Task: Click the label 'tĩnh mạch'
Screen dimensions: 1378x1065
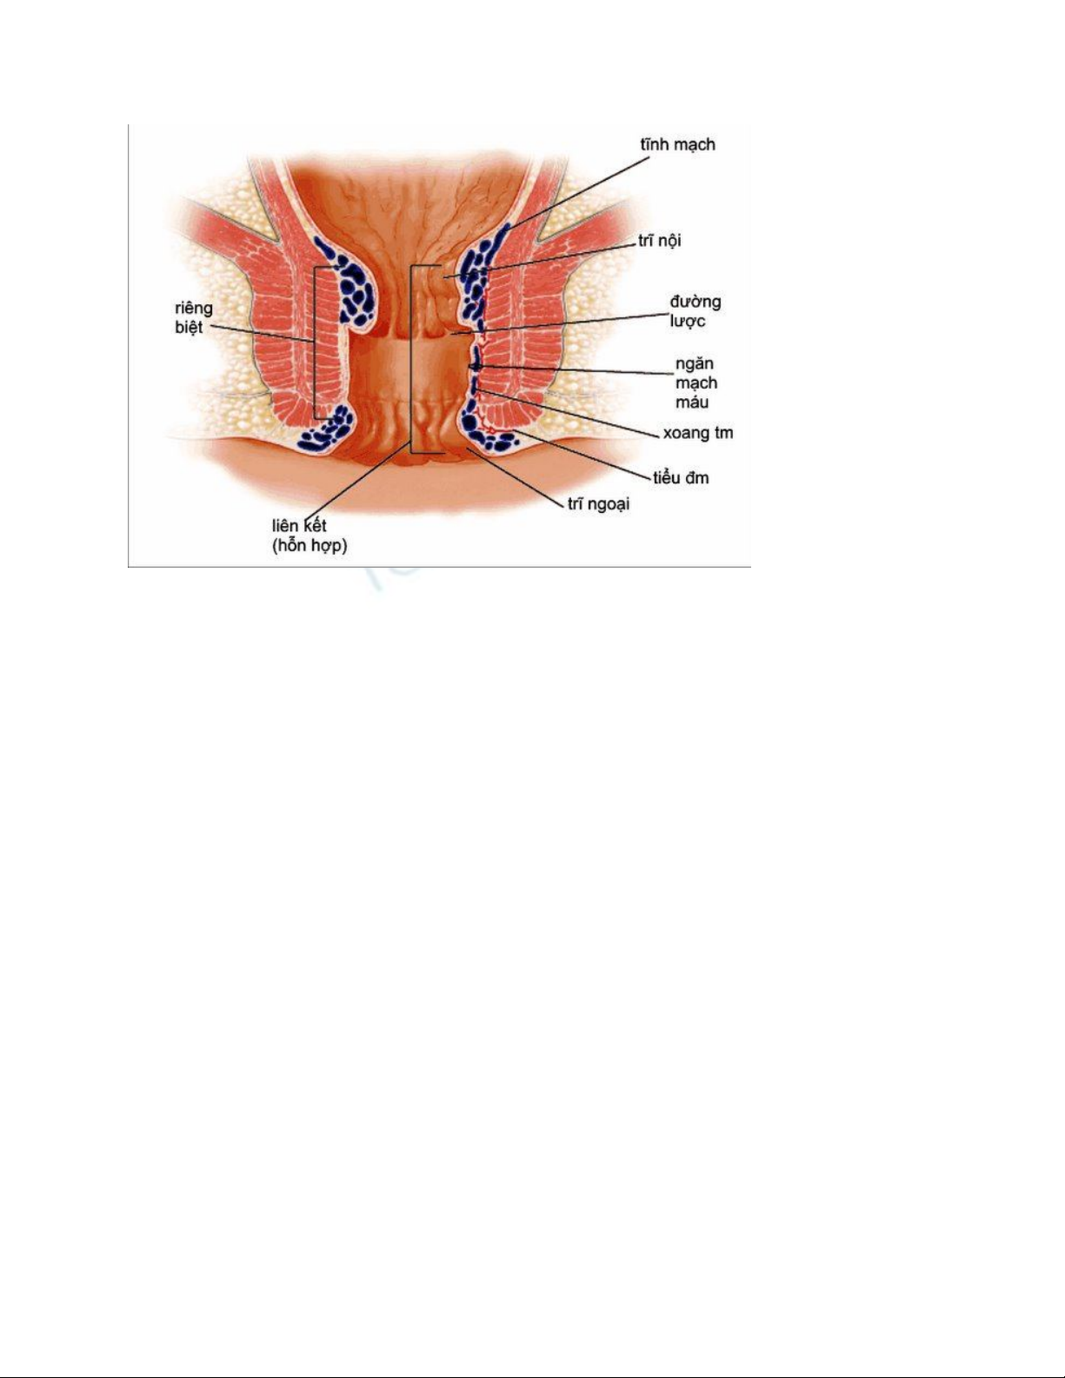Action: (x=677, y=145)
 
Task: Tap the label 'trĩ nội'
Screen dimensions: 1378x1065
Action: (x=659, y=240)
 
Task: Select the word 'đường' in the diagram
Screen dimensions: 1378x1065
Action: (x=695, y=302)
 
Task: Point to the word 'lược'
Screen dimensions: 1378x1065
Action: (x=688, y=322)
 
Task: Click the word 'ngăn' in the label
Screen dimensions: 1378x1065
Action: (x=695, y=363)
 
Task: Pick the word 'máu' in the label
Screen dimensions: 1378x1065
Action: (x=692, y=402)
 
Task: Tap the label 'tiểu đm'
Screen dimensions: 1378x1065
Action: (x=681, y=477)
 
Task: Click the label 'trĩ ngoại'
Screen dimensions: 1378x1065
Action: (x=598, y=504)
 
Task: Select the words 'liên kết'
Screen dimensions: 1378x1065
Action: (x=299, y=526)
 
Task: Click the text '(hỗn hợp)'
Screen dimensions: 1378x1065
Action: (x=309, y=546)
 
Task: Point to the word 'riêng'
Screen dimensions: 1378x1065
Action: (x=193, y=309)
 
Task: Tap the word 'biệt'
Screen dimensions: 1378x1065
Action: (x=189, y=328)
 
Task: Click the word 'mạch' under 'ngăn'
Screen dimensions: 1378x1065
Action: (x=696, y=383)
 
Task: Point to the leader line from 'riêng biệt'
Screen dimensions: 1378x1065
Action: (x=261, y=334)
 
